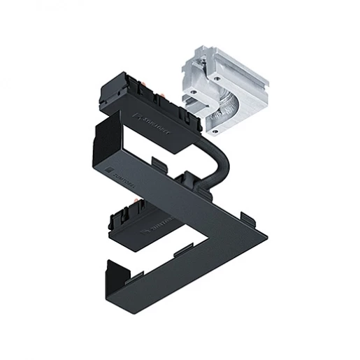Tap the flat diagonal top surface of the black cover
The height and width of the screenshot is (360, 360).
[203, 210]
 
